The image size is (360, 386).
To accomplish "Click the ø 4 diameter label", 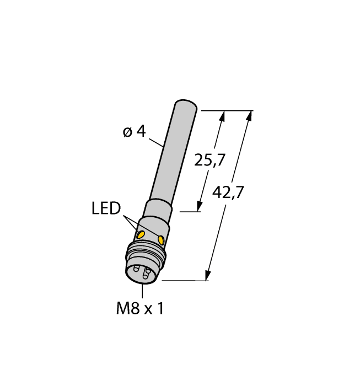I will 133,132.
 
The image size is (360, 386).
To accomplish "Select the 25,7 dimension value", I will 210,160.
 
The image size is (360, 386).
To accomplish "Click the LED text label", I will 106,208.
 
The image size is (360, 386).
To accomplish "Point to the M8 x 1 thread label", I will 139,309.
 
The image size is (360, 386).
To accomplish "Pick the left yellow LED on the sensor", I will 141,235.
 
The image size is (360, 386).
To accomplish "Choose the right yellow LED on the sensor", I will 161,240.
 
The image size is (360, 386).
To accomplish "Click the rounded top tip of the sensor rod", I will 186,104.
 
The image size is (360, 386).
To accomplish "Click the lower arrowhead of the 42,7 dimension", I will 208,276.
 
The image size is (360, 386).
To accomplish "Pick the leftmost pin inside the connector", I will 135,270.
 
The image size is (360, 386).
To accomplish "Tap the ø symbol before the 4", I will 127,132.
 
